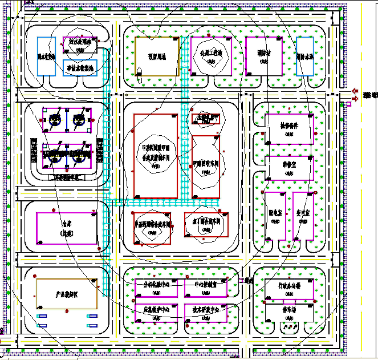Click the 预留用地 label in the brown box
click(x=156, y=56)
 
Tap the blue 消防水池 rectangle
click(x=304, y=56)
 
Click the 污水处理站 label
click(x=80, y=42)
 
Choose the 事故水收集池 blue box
click(x=80, y=67)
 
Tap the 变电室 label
click(x=303, y=212)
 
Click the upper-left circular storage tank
click(x=55, y=119)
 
